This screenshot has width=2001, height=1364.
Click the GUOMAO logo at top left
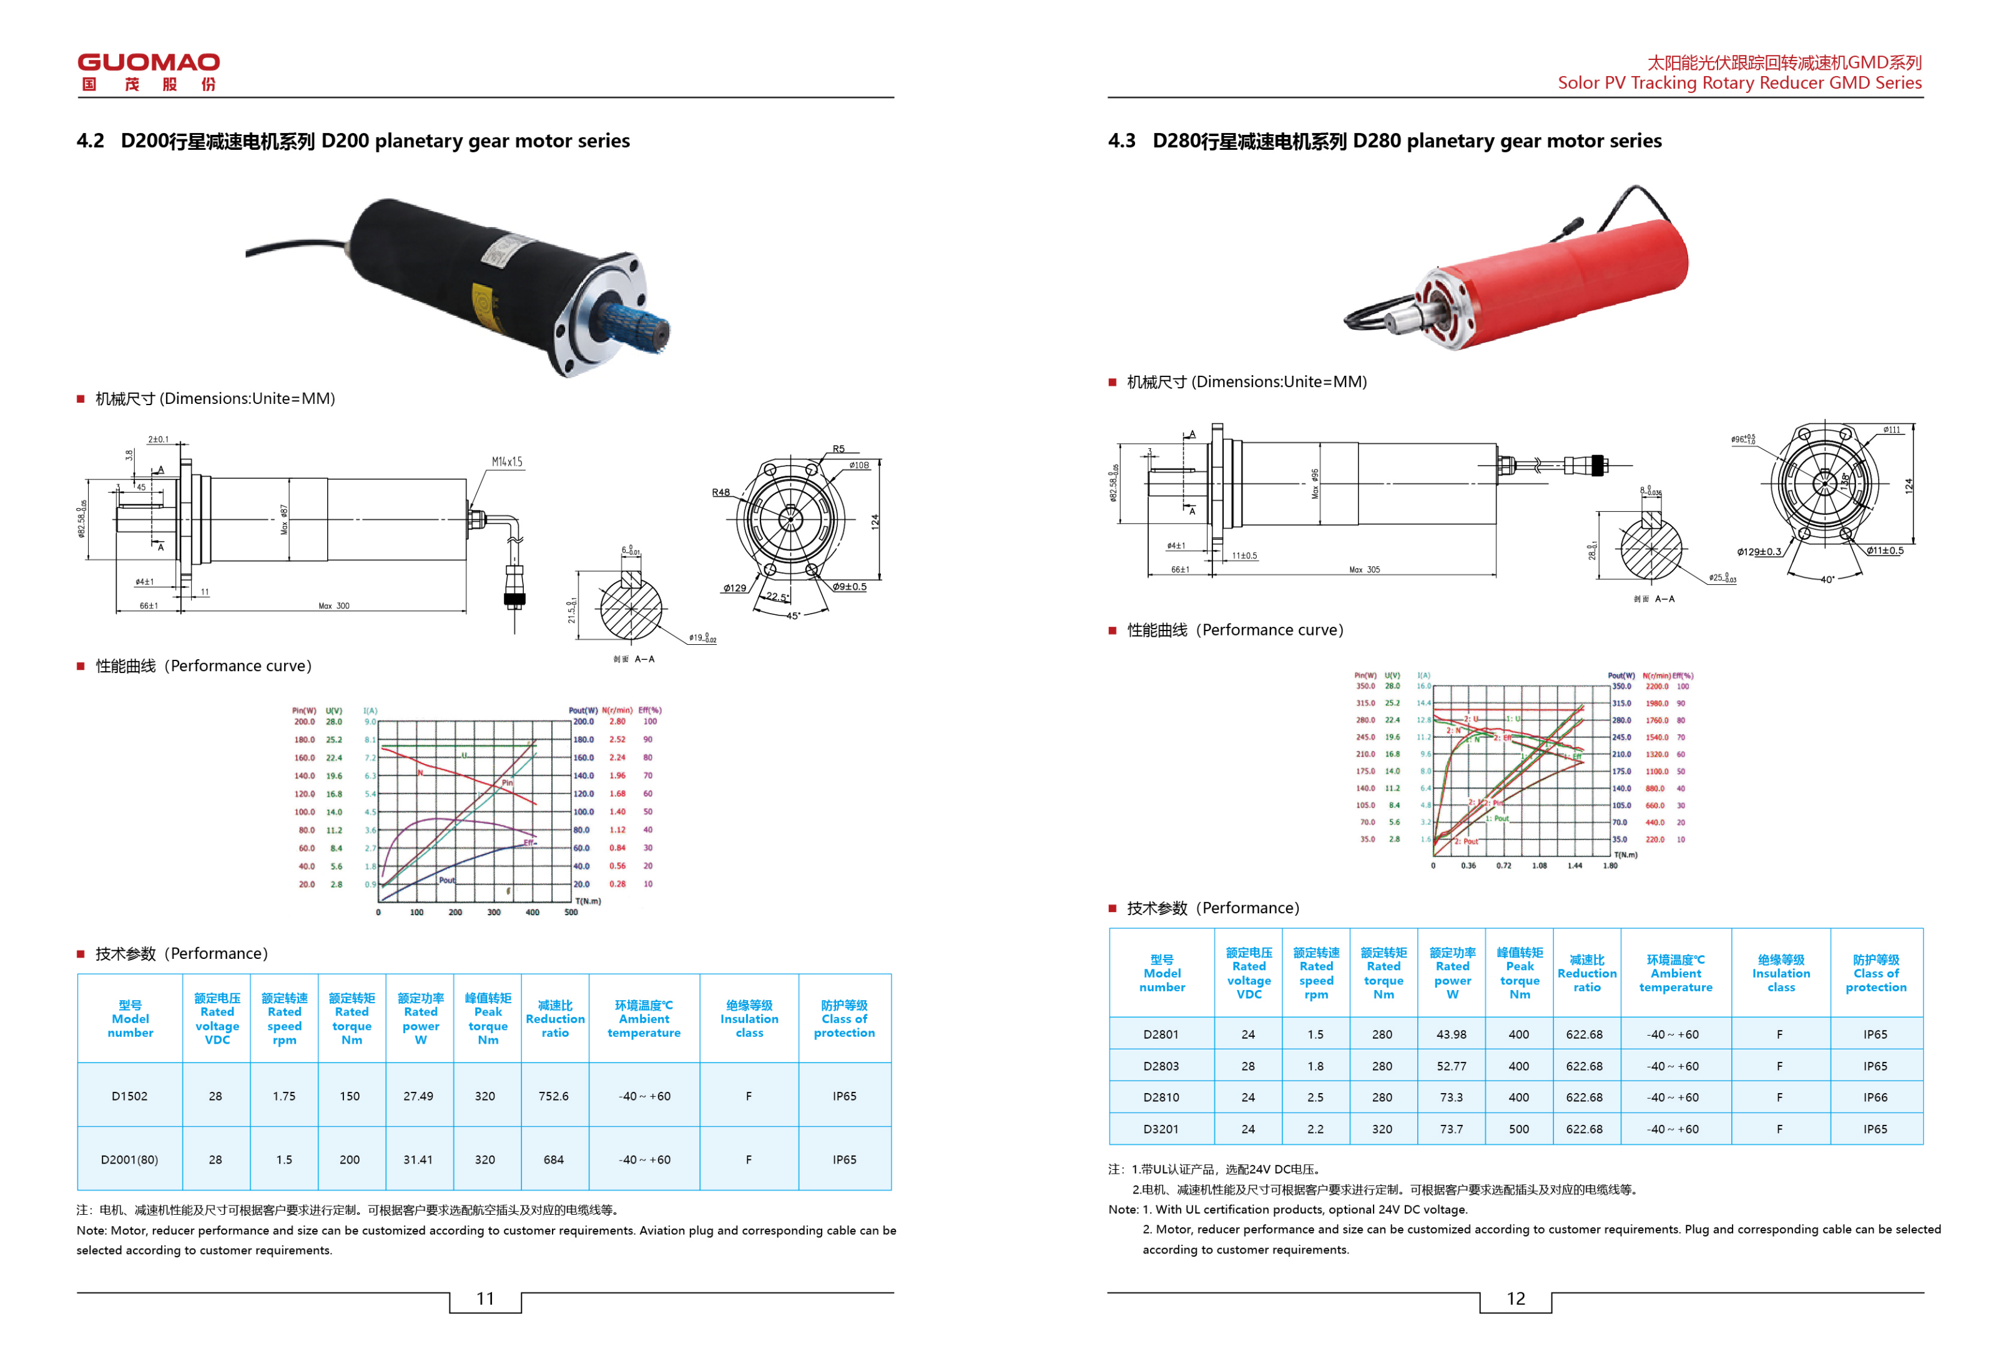(148, 71)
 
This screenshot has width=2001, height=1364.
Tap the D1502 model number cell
(129, 1096)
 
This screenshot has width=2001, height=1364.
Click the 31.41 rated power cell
(418, 1159)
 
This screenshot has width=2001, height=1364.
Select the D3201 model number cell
(1161, 1128)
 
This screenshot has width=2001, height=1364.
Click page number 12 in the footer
(1515, 1298)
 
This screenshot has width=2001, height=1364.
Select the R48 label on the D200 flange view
(720, 492)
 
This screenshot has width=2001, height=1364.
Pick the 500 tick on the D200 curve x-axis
(571, 912)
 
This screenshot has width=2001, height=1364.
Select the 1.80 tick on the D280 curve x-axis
(1610, 865)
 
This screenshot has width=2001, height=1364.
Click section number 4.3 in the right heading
(1121, 140)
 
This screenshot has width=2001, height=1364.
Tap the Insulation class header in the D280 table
(1780, 973)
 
